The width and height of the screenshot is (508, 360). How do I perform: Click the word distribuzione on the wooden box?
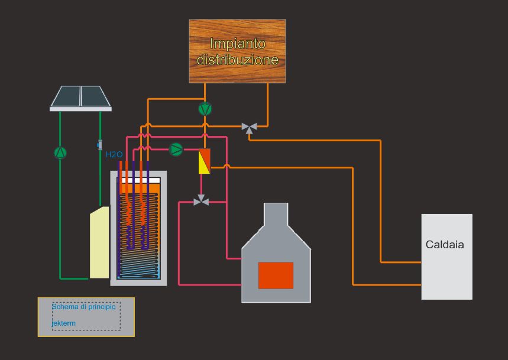tap(237, 60)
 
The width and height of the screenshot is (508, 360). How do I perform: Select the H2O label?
tap(114, 155)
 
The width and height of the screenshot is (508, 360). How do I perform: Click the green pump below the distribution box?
tap(205, 109)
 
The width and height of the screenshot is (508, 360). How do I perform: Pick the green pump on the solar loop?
tap(60, 153)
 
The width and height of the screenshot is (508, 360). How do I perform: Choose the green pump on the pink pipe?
tap(176, 149)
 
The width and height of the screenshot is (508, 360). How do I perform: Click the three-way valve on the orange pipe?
tap(249, 127)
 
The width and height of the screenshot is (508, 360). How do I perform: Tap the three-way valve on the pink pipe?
tap(202, 201)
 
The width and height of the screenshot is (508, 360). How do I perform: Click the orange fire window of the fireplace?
tap(276, 275)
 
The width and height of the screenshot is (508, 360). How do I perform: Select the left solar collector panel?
tap(66, 96)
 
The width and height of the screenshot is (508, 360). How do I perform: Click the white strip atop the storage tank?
tap(140, 180)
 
